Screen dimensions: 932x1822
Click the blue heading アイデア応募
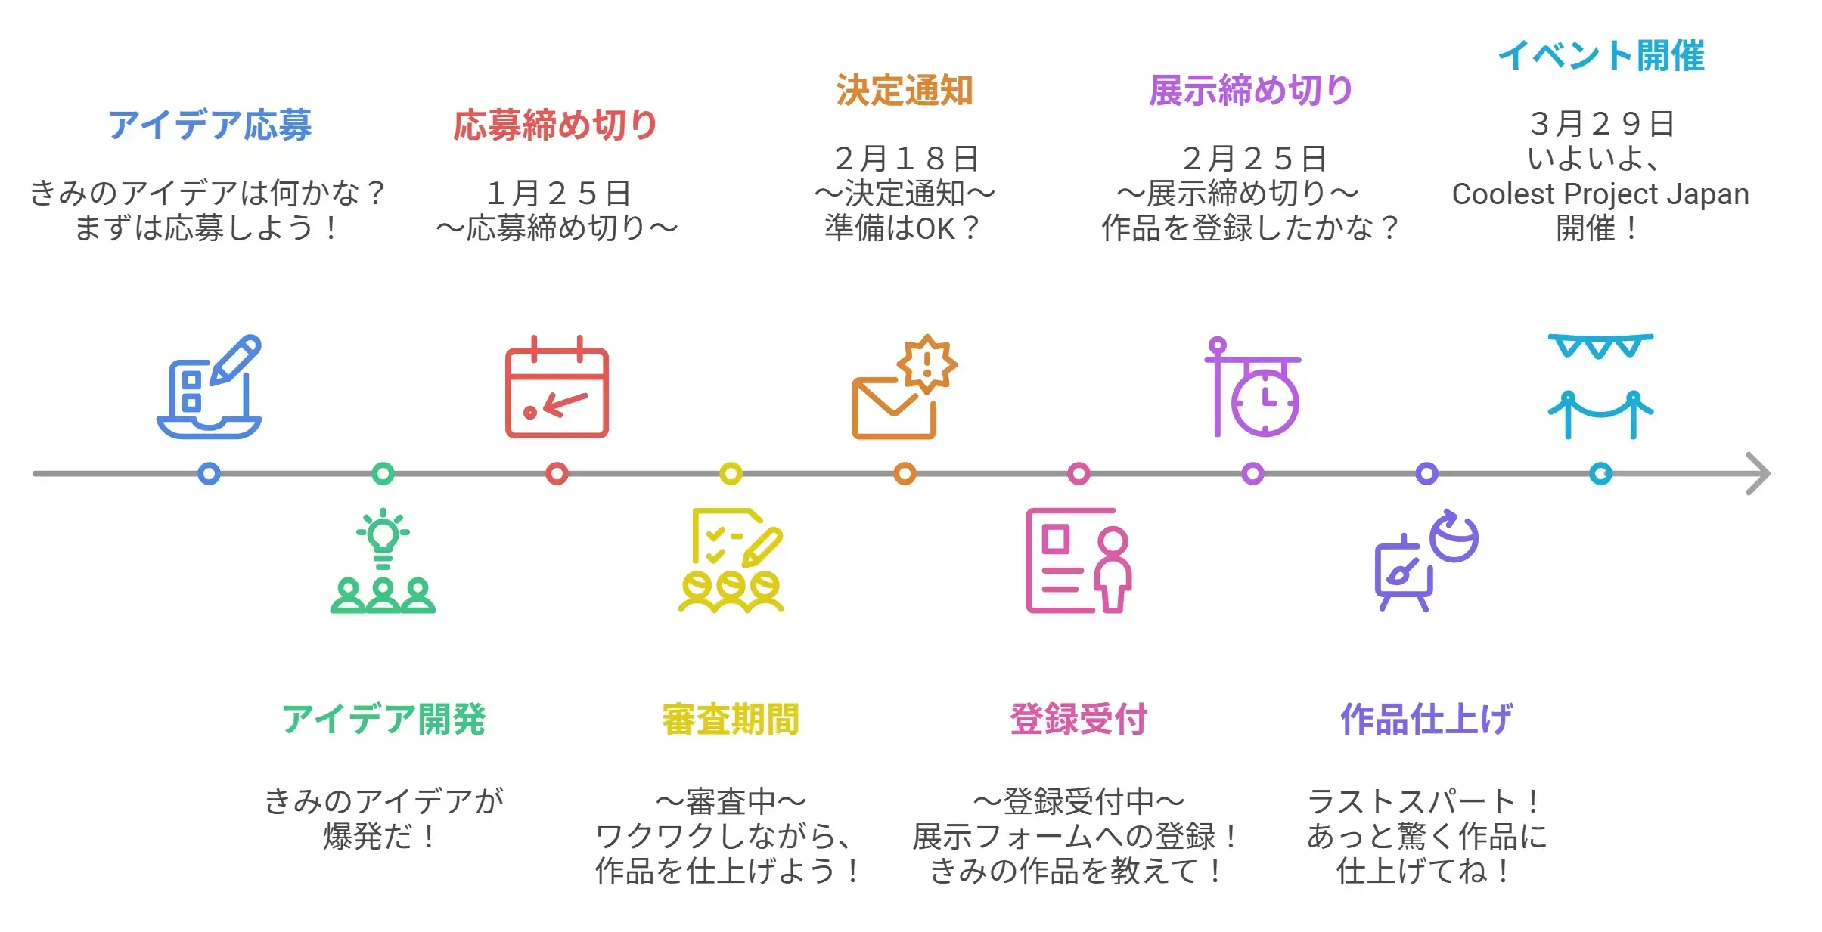click(210, 125)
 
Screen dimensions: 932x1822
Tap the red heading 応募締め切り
click(556, 125)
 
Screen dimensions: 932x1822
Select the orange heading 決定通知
click(904, 90)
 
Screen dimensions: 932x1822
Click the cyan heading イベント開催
click(1601, 55)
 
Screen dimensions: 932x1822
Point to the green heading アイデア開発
click(383, 719)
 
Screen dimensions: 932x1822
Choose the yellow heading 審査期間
click(731, 719)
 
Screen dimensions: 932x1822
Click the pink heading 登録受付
click(1079, 719)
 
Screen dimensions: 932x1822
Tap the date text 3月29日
click(1601, 124)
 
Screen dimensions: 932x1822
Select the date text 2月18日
click(906, 159)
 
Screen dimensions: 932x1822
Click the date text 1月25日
click(558, 194)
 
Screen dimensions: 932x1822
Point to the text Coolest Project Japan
click(1600, 194)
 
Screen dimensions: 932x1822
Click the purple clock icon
click(1265, 401)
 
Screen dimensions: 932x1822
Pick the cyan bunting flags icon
click(1600, 345)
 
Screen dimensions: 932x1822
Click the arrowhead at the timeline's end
click(1759, 474)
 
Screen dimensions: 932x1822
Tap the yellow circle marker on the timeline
click(731, 474)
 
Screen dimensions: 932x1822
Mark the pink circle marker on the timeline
click(1079, 474)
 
